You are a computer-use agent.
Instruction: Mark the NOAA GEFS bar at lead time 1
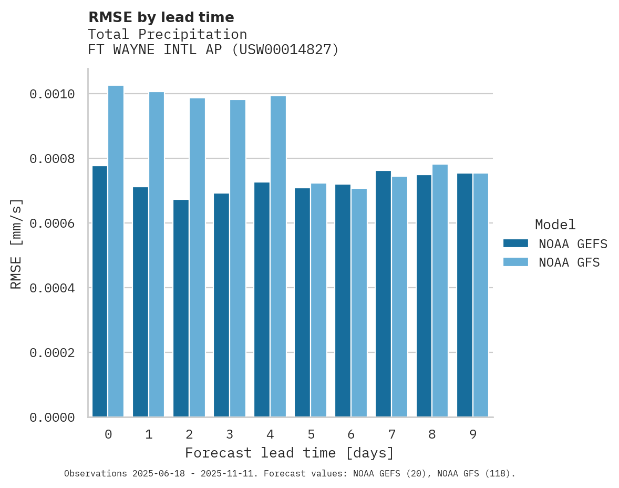coord(140,302)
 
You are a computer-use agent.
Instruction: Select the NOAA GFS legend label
coord(569,262)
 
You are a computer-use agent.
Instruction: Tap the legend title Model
coord(555,225)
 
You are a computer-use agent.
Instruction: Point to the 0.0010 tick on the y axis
coord(52,94)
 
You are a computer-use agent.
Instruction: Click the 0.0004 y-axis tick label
coord(52,288)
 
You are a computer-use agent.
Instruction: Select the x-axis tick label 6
coord(351,434)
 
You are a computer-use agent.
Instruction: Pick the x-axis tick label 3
coord(230,434)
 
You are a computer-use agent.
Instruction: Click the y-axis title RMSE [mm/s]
coord(16,243)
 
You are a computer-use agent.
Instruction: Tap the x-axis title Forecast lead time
coord(290,453)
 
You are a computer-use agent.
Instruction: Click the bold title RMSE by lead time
coord(161,17)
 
